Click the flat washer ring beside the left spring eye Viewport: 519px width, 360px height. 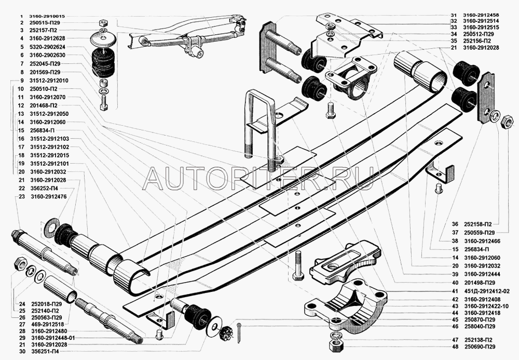click(52, 226)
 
